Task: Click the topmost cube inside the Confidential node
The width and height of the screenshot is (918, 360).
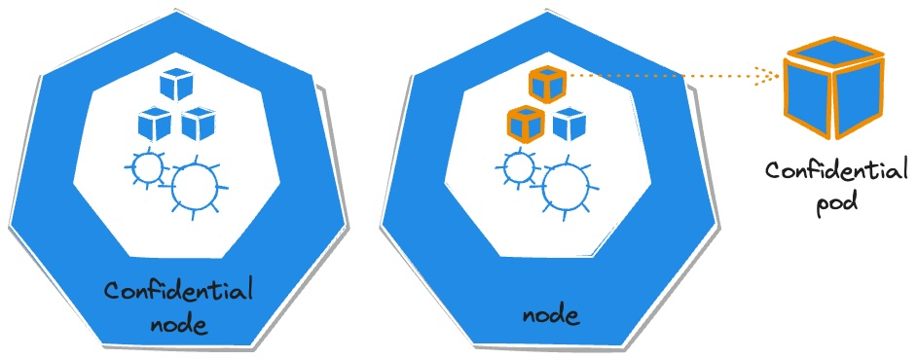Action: pos(179,85)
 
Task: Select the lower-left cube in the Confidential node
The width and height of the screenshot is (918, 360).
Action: pos(155,124)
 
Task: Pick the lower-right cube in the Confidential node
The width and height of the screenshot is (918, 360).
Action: pos(200,124)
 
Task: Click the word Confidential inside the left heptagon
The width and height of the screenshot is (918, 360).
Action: pos(178,292)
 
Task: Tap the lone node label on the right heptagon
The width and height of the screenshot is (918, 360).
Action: pos(550,316)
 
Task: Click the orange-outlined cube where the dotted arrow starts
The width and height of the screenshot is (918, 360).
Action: pos(547,85)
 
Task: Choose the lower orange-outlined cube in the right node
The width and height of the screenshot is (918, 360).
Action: pos(525,125)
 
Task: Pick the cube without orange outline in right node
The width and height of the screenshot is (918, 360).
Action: pos(569,125)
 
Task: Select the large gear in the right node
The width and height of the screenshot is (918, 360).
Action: pos(565,185)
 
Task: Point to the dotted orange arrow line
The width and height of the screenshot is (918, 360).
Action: pos(662,73)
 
